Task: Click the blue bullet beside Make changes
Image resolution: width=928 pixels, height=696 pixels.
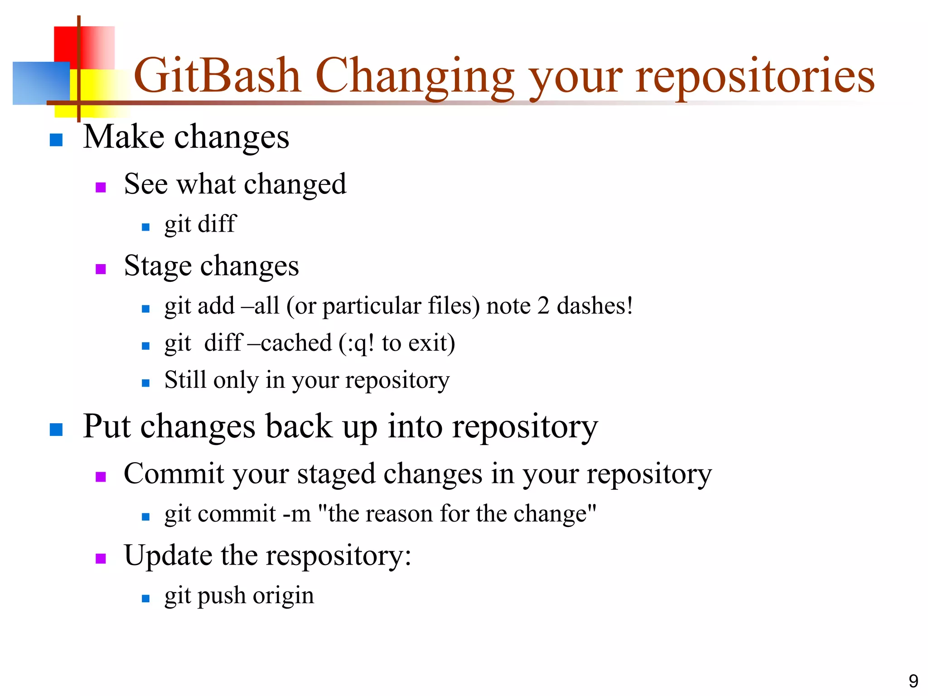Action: point(56,140)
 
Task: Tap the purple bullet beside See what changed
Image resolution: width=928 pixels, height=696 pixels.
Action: point(101,187)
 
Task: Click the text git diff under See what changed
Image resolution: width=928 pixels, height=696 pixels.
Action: point(200,224)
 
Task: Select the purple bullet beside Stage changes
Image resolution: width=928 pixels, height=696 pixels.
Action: point(101,269)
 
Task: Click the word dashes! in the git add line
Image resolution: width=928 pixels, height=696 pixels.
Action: point(594,306)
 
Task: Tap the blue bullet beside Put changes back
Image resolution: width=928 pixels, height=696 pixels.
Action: point(56,429)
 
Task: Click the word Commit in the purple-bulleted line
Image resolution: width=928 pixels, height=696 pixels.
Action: point(174,474)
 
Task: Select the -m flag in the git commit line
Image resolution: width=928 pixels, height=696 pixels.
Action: point(297,514)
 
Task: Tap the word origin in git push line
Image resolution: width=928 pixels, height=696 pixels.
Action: point(283,596)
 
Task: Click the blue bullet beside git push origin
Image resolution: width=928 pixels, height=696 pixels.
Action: point(145,598)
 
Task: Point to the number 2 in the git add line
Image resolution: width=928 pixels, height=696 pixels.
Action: point(543,306)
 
